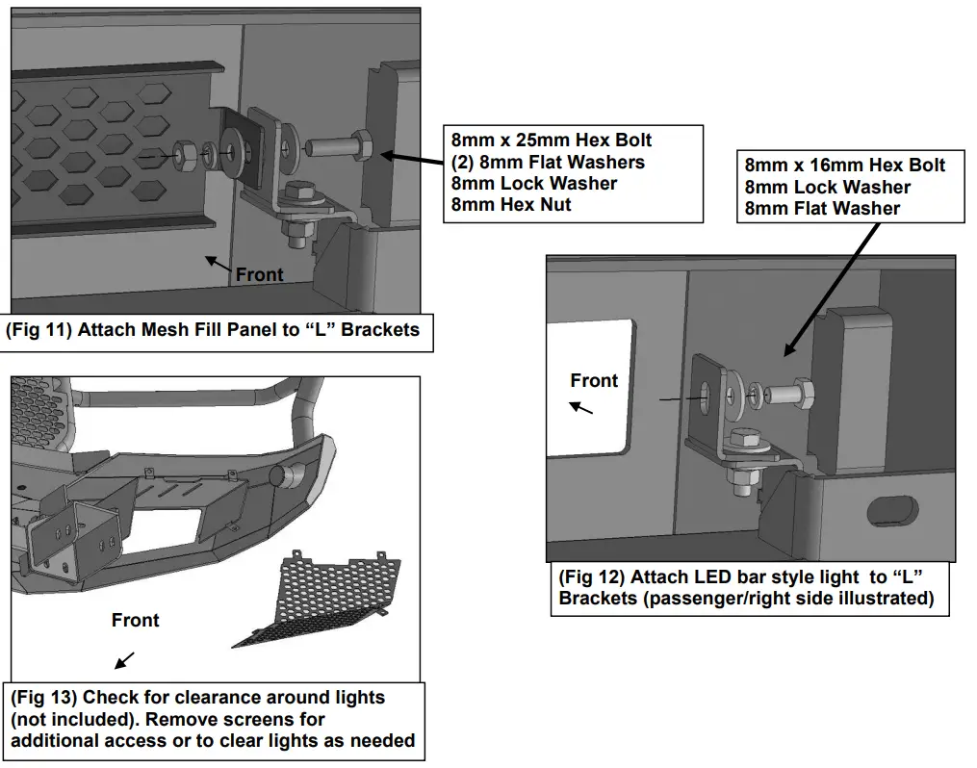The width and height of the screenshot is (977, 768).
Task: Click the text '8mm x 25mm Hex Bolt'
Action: (x=552, y=141)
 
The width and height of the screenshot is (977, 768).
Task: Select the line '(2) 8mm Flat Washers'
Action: (x=548, y=162)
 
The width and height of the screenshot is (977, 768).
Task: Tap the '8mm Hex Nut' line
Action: (x=511, y=204)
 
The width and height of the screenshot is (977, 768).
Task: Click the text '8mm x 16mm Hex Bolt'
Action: (x=845, y=166)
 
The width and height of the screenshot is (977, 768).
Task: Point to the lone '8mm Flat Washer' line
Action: (x=822, y=208)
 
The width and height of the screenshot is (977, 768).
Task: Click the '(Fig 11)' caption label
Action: (x=38, y=329)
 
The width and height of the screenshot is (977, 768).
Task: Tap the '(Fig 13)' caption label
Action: (x=43, y=697)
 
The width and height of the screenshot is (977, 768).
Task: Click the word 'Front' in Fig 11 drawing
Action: (x=260, y=274)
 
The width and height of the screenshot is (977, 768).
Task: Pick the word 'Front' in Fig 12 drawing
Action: (x=594, y=380)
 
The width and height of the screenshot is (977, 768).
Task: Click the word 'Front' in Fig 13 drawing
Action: (x=135, y=620)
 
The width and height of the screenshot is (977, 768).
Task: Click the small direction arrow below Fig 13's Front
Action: (x=125, y=660)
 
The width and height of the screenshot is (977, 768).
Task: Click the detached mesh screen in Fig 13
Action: (x=318, y=597)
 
